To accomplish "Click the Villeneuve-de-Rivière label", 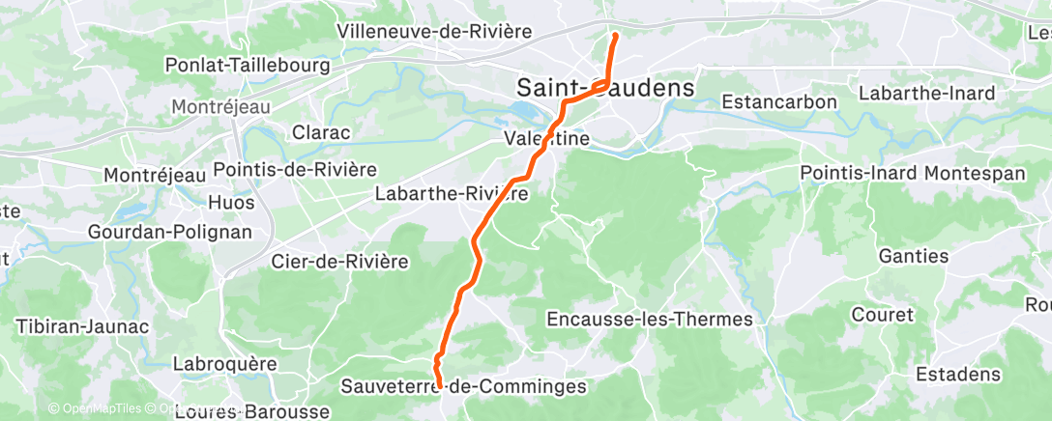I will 435,31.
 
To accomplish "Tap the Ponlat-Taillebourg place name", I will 248,66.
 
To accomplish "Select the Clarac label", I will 321,132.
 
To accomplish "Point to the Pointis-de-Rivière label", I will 295,169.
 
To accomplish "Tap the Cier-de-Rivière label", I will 340,261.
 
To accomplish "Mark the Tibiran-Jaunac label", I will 82,326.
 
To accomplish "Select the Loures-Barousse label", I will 251,411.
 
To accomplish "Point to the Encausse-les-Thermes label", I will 650,319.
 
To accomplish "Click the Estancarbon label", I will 779,102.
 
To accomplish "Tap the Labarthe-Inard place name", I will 927,94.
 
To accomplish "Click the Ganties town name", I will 913,256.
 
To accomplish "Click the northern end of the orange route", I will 615,36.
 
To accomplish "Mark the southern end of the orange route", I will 440,387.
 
